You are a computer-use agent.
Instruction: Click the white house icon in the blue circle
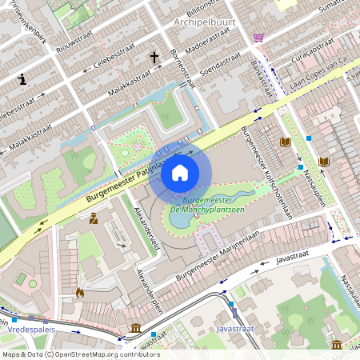pos(180,173)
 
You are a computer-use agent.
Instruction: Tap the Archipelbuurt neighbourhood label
pos(204,22)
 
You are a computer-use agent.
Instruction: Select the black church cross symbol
pos(154,58)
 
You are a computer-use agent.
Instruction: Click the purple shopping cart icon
pos(258,37)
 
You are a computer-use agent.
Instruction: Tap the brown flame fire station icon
pos(79,293)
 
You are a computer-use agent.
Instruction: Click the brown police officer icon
pos(94,218)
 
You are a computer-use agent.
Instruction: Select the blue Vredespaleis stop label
pos(30,329)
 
